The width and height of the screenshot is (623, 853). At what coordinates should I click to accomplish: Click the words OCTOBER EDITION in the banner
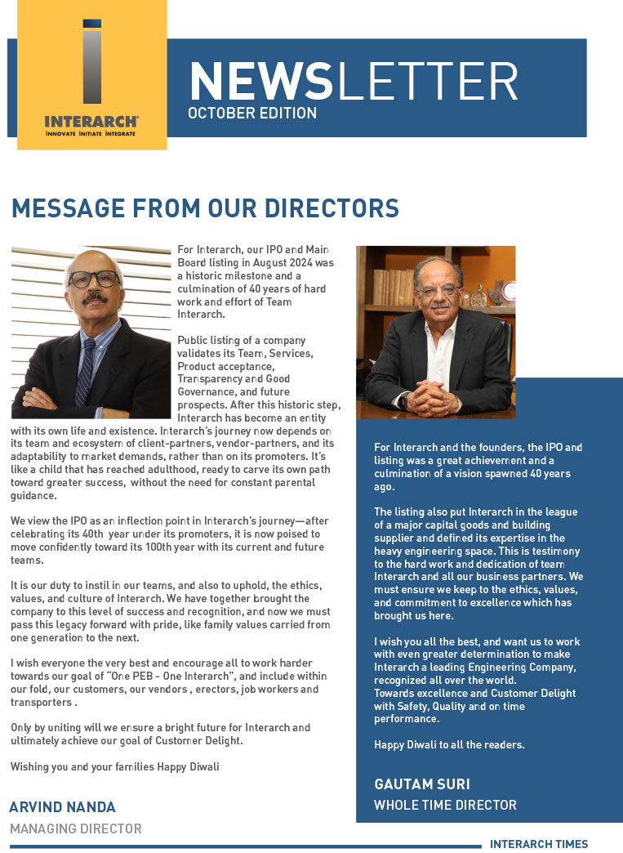(252, 113)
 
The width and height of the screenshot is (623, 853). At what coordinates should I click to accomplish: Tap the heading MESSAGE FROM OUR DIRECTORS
(205, 208)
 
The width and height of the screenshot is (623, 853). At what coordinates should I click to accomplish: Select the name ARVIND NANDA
(64, 808)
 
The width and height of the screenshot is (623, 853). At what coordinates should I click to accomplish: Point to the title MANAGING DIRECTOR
(75, 828)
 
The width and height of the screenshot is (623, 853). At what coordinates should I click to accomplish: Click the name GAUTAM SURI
(421, 784)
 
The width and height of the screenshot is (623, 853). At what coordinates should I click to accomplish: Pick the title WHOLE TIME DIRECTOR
(445, 805)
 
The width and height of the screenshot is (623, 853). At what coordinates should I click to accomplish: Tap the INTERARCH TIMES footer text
(538, 844)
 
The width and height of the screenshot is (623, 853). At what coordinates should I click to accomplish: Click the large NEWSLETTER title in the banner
(353, 82)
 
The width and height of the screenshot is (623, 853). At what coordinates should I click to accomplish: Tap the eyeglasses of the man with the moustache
(94, 279)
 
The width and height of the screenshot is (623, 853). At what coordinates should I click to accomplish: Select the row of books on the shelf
(395, 286)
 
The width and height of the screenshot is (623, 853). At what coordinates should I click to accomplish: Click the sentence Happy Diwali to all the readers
(449, 744)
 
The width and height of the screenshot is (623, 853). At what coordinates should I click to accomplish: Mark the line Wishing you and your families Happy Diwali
(114, 766)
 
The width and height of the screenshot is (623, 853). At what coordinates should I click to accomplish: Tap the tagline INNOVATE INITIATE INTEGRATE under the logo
(91, 132)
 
